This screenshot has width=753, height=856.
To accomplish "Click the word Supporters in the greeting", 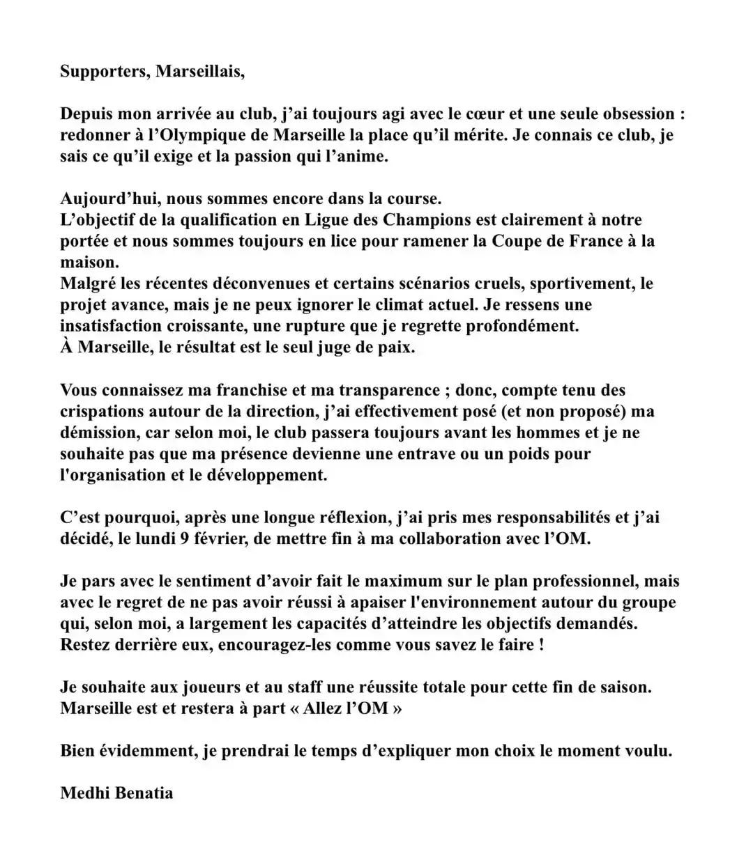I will [102, 72].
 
